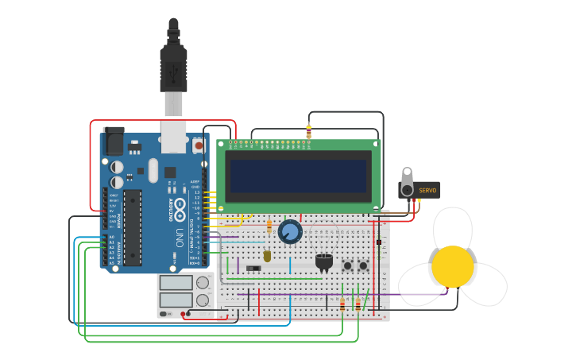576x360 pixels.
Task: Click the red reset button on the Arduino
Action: coord(198,145)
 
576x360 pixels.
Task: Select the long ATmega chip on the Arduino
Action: coord(133,226)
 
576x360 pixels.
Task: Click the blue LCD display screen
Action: coord(298,176)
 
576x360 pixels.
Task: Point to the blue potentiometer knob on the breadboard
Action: coord(290,232)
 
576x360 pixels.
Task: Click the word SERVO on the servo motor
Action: coord(427,191)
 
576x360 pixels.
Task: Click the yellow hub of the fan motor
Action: coord(453,266)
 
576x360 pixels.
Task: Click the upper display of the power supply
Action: coord(176,283)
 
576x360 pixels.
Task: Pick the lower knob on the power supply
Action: coord(203,300)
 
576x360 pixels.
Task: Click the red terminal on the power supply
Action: coord(184,314)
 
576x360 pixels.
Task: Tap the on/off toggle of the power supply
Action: coord(164,314)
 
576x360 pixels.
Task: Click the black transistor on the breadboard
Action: coord(323,261)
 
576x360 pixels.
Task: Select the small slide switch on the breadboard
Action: coord(253,269)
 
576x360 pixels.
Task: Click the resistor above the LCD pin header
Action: coord(308,132)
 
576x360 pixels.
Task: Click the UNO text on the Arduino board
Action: coord(180,238)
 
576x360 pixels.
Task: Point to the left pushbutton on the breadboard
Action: coord(347,265)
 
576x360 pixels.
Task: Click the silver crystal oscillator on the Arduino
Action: coord(153,170)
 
